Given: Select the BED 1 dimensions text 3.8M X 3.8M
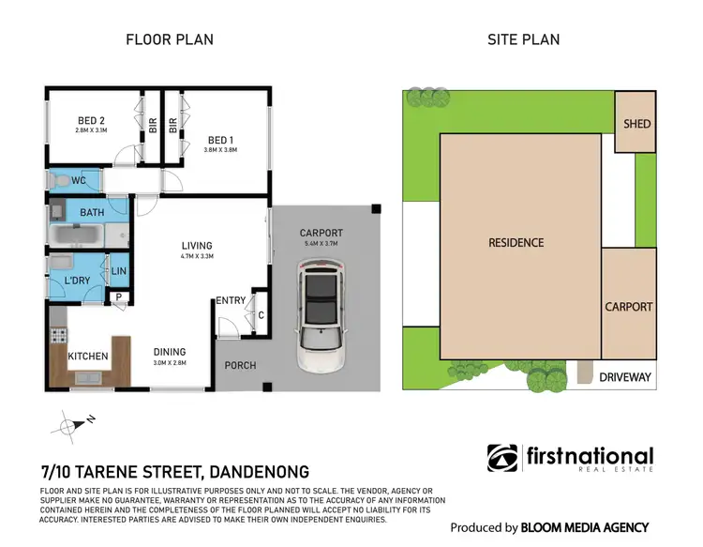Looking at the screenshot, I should click(x=222, y=150).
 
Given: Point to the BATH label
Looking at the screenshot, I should click(x=92, y=213).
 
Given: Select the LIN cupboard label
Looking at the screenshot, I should click(x=119, y=271).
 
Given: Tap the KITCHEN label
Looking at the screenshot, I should click(x=87, y=357).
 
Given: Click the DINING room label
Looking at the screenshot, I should click(x=170, y=353).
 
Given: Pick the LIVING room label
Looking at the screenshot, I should click(x=197, y=246).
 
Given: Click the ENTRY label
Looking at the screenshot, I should click(x=231, y=300).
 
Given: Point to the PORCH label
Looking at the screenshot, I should click(x=239, y=365).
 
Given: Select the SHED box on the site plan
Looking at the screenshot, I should click(x=636, y=123).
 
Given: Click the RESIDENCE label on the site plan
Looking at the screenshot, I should click(x=516, y=243).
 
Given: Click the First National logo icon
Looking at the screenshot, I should click(x=501, y=458).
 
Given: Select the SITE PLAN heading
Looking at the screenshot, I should click(x=522, y=39).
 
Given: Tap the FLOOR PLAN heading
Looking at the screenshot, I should click(x=170, y=39).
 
